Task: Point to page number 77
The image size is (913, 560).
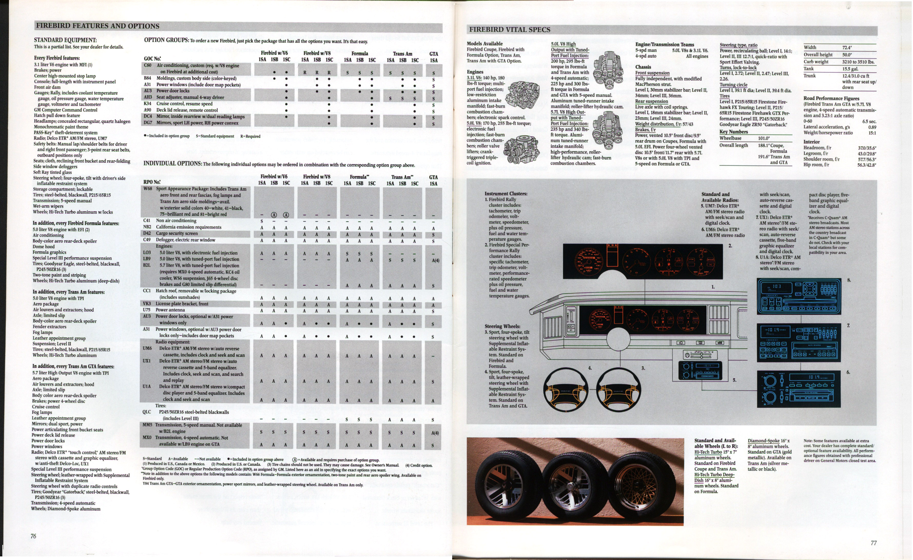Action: (x=873, y=543)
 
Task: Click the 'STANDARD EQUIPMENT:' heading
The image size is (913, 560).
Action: (x=65, y=40)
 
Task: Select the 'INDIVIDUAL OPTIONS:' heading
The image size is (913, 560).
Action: (x=172, y=164)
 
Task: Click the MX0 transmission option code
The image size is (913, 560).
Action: (x=147, y=438)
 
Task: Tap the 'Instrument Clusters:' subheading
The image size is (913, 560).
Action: (x=506, y=194)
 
